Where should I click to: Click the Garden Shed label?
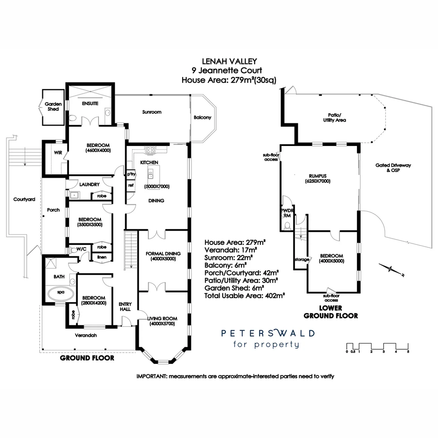pyautogui.click(x=53, y=107)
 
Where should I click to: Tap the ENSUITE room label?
pyautogui.click(x=90, y=104)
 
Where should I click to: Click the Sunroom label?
pyautogui.click(x=152, y=112)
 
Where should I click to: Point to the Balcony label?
pyautogui.click(x=202, y=118)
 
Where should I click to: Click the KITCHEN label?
pyautogui.click(x=149, y=162)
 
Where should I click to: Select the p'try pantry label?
pyautogui.click(x=131, y=174)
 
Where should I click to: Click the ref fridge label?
pyautogui.click(x=131, y=185)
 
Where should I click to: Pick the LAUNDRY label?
pyautogui.click(x=89, y=185)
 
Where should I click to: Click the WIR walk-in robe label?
pyautogui.click(x=57, y=153)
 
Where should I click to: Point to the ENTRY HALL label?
pyautogui.click(x=125, y=306)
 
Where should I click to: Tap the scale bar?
pyautogui.click(x=378, y=347)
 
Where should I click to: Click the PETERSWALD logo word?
pyautogui.click(x=268, y=333)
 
